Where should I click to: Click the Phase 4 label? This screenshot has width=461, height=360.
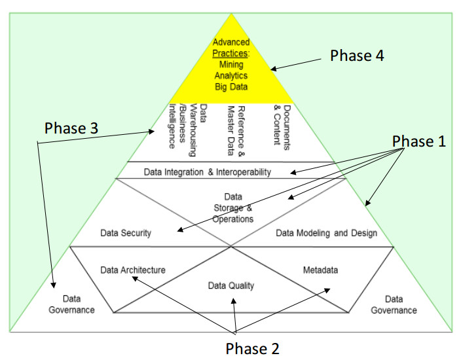[x=356, y=56]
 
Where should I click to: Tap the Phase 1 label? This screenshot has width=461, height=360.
[x=418, y=141]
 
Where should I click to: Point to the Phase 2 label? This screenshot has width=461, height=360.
[x=252, y=348]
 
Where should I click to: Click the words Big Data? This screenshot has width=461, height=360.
[x=231, y=86]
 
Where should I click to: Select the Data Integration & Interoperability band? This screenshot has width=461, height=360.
[x=225, y=172]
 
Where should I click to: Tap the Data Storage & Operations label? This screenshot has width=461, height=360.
[x=232, y=207]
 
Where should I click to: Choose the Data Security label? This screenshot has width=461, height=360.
[x=126, y=233]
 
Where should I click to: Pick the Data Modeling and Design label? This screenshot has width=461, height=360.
[x=326, y=233]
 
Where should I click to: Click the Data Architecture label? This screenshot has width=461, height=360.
[x=132, y=270]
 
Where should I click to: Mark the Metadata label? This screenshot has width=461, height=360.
[x=320, y=270]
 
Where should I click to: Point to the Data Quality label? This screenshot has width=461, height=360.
[x=231, y=285]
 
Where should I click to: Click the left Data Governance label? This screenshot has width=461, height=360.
[x=71, y=304]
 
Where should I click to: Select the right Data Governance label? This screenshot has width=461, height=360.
[x=394, y=304]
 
